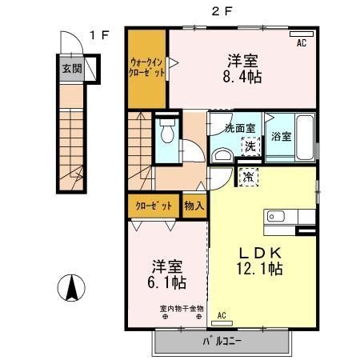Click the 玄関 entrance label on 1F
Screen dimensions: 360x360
(x=72, y=69)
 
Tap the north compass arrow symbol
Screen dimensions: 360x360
(x=71, y=288)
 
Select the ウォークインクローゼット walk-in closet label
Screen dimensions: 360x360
(x=146, y=67)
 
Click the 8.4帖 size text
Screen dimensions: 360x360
(x=242, y=77)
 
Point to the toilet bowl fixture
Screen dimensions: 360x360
(x=167, y=131)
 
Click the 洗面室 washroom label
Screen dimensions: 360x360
(x=240, y=128)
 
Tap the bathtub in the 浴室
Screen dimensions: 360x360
(x=305, y=138)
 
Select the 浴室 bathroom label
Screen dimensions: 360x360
(x=281, y=137)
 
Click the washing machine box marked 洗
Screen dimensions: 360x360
(x=250, y=146)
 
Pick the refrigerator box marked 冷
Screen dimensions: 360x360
(x=249, y=177)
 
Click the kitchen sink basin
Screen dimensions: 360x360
(x=276, y=216)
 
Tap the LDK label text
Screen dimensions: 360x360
(x=260, y=253)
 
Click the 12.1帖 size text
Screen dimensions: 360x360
(x=259, y=268)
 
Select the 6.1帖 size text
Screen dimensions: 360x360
(x=167, y=282)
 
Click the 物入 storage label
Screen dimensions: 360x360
(x=194, y=206)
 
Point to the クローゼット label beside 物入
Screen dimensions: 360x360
(x=154, y=206)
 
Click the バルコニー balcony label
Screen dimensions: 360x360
(x=222, y=342)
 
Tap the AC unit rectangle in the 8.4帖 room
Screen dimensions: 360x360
(x=302, y=34)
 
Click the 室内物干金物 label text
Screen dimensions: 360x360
(x=182, y=309)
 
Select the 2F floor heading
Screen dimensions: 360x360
(x=222, y=11)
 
